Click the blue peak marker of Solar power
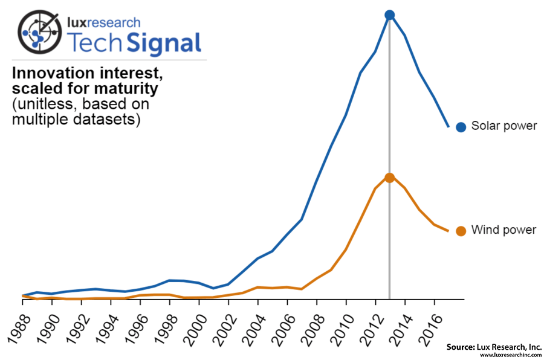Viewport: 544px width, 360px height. (390, 15)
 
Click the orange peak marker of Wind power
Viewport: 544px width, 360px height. (390, 178)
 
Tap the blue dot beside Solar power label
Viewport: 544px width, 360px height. (461, 127)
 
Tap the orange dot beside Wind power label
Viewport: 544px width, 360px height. (461, 231)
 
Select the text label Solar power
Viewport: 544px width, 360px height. (504, 126)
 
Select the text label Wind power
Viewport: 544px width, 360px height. (504, 230)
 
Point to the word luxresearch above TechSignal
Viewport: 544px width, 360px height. (103, 23)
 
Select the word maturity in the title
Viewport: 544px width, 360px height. (128, 89)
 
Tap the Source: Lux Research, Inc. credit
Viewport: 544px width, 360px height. (494, 347)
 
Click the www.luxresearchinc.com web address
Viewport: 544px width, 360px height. (510, 355)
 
